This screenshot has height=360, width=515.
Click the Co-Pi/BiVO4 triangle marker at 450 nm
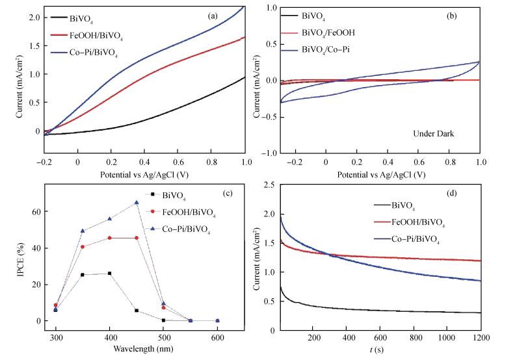tap(137, 203)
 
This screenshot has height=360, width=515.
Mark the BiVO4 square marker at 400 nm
tap(110, 274)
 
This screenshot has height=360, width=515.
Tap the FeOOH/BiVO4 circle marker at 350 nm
tap(83, 247)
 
